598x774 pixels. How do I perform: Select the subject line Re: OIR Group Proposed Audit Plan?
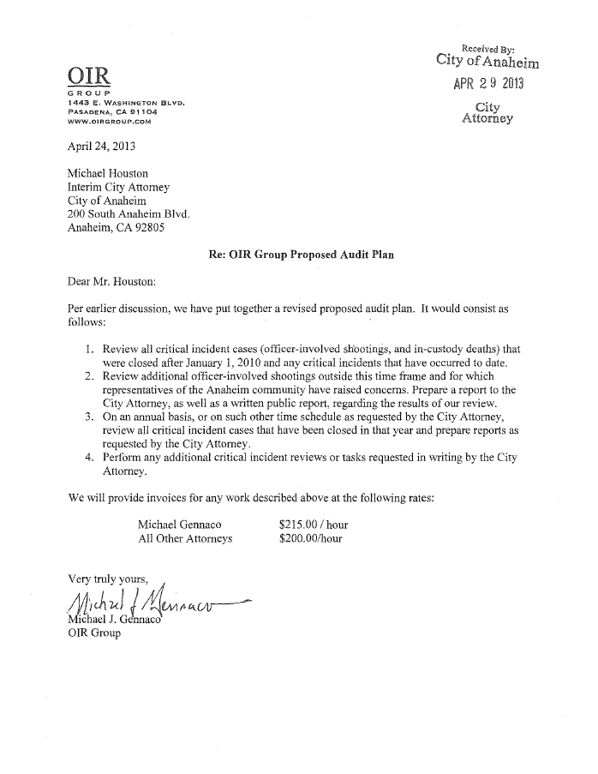coord(301,255)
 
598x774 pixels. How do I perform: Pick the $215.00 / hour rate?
coord(313,525)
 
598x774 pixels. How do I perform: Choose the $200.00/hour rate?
coord(310,539)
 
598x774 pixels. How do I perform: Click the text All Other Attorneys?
coord(184,539)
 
